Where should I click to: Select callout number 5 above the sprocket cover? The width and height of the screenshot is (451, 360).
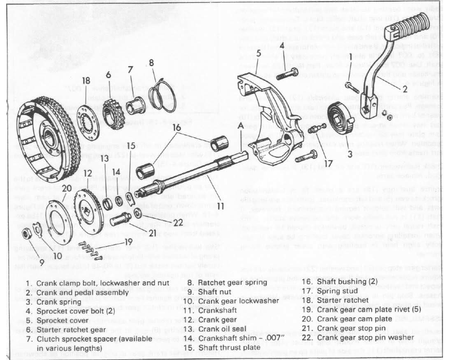click(x=258, y=54)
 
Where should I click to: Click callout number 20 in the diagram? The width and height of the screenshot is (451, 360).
click(x=67, y=188)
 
